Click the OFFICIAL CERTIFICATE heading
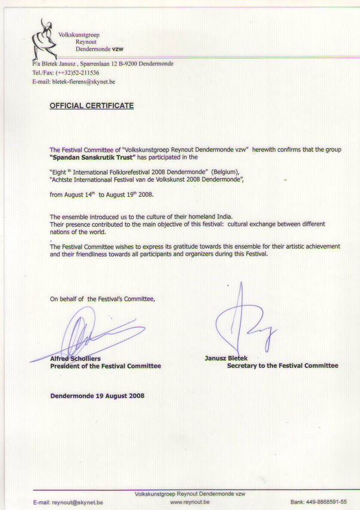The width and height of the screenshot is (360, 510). click(x=92, y=106)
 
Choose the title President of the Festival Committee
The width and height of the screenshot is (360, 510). click(x=106, y=366)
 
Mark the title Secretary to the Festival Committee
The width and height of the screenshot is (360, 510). click(x=282, y=365)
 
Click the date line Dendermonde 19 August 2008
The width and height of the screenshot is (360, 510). click(x=97, y=395)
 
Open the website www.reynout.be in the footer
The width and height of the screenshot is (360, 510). click(x=190, y=501)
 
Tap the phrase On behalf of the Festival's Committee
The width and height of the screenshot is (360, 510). click(x=103, y=298)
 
